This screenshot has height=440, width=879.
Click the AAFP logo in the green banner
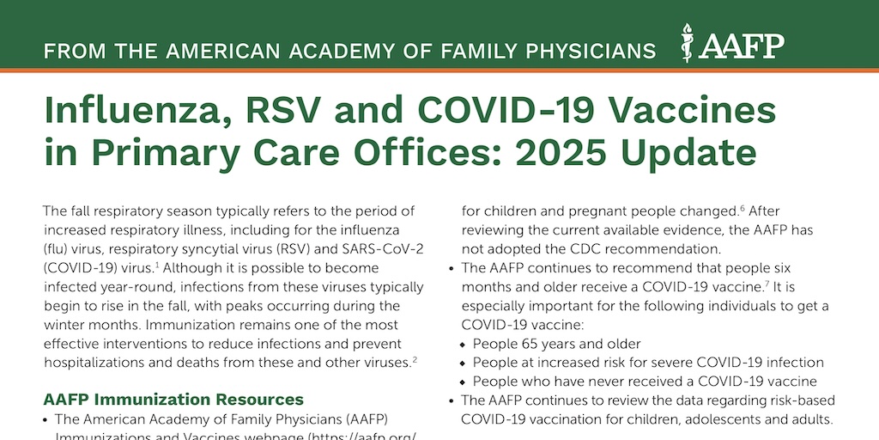point(732,43)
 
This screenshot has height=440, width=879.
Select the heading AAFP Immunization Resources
point(173,400)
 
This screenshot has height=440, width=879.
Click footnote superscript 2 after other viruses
point(415,360)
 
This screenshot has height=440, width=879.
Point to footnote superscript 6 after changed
point(742,208)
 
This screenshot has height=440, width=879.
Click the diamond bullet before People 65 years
point(463,344)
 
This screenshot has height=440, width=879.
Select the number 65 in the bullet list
point(529,344)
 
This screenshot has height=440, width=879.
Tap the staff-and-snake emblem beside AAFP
point(687,43)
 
